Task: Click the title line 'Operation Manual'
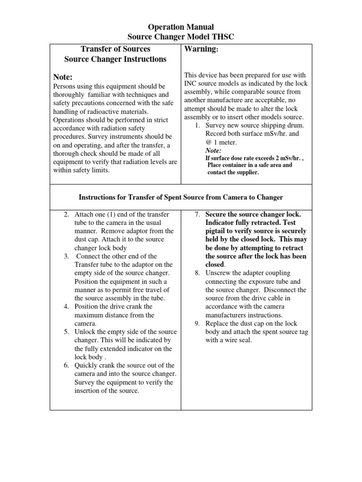coord(181,27)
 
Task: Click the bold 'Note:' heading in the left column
coord(64,77)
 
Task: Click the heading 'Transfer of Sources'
coord(115,49)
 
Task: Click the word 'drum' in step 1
coord(297,126)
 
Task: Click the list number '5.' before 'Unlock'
coord(67,332)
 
